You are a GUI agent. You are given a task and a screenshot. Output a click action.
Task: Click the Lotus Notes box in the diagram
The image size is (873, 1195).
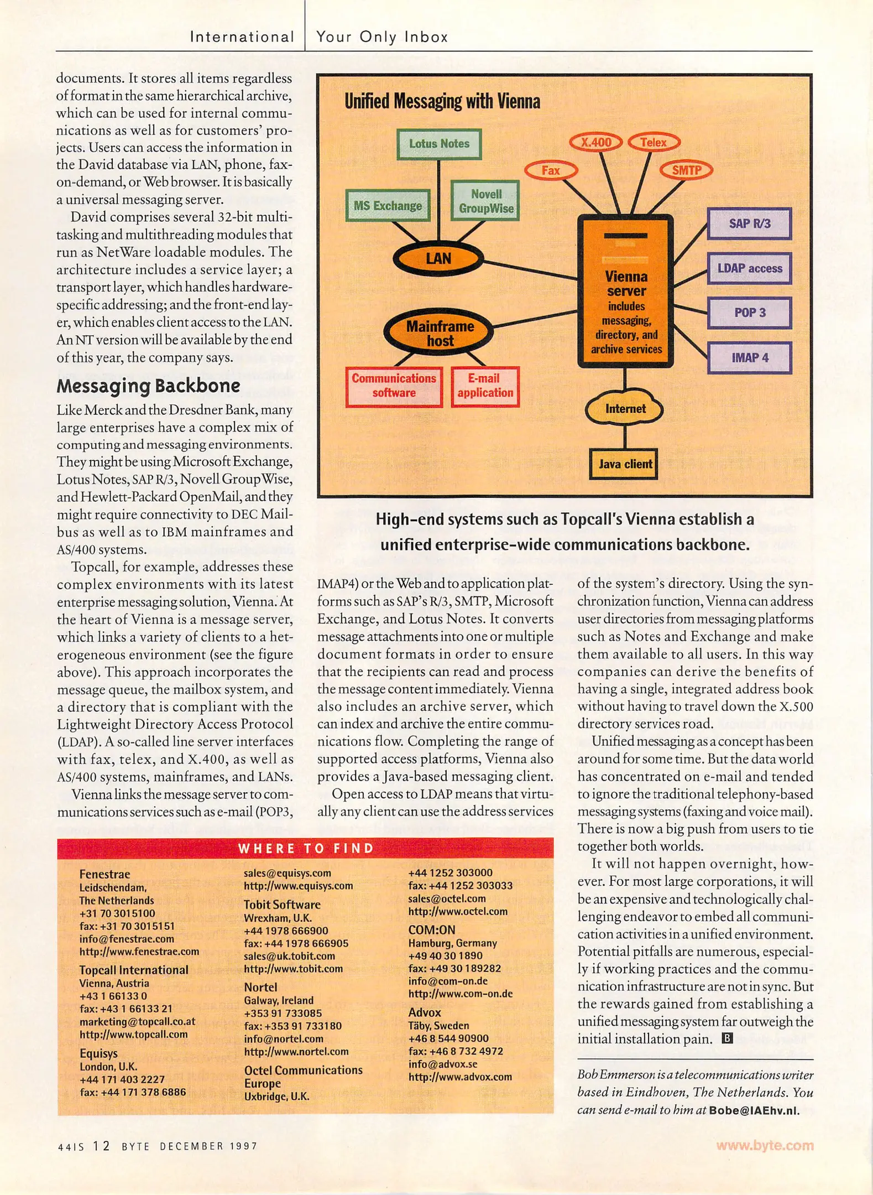click(439, 144)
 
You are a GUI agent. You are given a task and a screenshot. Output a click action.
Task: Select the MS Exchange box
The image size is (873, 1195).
click(388, 206)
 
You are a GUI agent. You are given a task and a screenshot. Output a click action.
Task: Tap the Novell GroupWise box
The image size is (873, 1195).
click(485, 201)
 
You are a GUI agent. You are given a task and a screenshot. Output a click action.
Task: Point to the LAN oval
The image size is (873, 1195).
click(438, 258)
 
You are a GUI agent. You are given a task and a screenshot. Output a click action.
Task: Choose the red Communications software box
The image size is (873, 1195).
click(394, 386)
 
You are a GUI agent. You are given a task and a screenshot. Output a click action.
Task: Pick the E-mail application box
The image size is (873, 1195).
click(485, 386)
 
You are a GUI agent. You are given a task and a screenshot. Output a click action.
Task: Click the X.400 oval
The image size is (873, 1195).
click(596, 142)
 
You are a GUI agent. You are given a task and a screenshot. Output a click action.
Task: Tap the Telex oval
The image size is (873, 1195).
click(654, 142)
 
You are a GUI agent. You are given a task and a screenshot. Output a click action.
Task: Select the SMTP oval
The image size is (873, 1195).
click(686, 170)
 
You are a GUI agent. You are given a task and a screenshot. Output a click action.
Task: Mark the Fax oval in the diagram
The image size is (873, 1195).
click(551, 170)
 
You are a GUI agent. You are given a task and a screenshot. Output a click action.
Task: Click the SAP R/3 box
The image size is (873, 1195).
click(749, 224)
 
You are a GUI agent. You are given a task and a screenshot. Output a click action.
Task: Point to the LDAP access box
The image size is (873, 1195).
click(749, 268)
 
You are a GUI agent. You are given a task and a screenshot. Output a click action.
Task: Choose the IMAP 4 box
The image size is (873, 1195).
click(749, 357)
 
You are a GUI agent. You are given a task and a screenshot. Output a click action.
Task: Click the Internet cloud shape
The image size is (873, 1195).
click(625, 409)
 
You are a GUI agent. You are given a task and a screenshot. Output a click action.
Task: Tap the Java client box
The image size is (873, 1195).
click(625, 464)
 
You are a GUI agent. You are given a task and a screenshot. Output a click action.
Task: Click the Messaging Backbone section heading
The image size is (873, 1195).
click(148, 386)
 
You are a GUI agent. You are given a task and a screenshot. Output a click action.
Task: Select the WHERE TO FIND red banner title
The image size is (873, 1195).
click(306, 848)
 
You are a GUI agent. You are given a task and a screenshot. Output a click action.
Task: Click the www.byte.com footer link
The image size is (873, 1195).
click(765, 1145)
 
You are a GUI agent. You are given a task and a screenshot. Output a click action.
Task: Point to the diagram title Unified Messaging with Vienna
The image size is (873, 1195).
click(442, 102)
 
